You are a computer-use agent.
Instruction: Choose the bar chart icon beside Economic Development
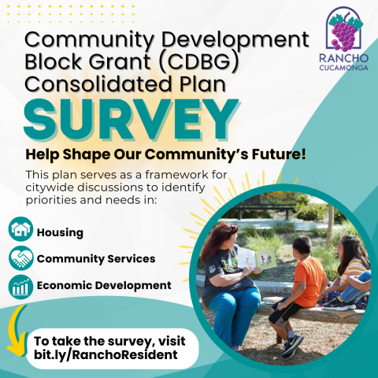click(x=21, y=285)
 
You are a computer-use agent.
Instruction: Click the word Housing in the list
click(x=59, y=232)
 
